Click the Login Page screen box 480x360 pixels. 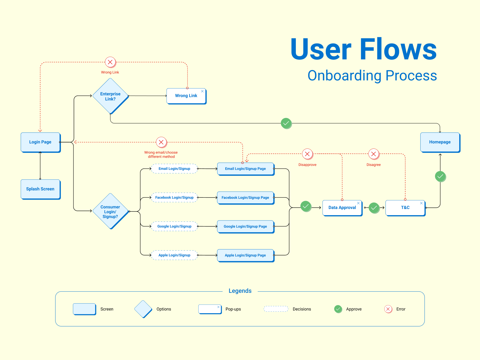coord(40,142)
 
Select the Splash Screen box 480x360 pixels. coord(40,189)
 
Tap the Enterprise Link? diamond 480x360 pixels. coord(110,96)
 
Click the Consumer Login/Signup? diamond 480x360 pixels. coord(110,211)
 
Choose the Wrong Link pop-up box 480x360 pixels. coord(186,96)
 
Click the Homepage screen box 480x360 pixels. coord(440,142)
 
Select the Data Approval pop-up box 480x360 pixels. coord(342,208)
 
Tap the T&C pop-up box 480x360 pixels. coord(405,208)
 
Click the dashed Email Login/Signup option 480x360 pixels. coord(174,169)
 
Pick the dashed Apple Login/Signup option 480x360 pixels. coord(174,255)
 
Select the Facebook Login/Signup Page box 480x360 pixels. coord(245,197)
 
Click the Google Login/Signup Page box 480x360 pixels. coord(245,226)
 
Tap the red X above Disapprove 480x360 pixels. coord(307,154)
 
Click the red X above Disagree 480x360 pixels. coord(373,154)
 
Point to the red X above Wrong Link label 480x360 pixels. coord(110,62)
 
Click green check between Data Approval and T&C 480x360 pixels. coord(374,208)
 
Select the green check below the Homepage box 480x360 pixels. coord(440,176)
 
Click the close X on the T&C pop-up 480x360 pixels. coord(421,203)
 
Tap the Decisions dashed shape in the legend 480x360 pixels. coord(276,309)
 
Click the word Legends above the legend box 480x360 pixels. coord(240,291)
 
